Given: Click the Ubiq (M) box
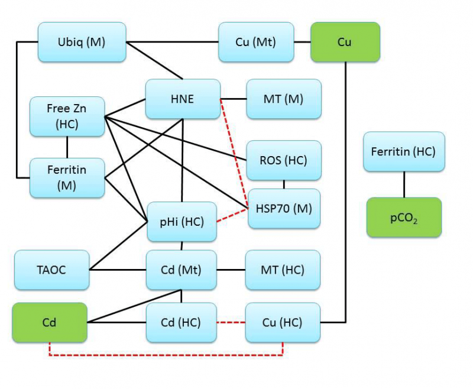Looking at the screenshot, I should pos(82,42).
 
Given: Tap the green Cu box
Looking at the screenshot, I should pos(345,42).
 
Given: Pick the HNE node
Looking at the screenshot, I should pos(183,99).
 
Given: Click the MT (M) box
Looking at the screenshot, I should pos(284,99).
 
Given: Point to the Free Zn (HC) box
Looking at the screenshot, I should pos(67,116).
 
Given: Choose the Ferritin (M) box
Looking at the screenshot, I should pos(67,177).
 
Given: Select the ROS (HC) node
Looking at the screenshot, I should pos(284,160).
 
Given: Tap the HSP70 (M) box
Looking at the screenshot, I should pos(284,208).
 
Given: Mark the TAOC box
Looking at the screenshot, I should pos(51,270).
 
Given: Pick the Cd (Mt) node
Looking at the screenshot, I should pos(182,270).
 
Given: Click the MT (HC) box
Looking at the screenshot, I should pos(283,270).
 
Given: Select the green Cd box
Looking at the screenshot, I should pos(49,322).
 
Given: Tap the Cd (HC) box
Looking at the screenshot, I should pos(182,322).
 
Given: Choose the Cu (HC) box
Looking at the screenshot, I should pos(283,322).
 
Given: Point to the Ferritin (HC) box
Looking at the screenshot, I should pos(404,152).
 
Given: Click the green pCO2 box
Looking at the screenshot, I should pos(404,217).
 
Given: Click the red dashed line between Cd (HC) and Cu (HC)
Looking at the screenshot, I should pos(231,323).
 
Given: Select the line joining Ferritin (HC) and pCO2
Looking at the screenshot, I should pos(404,184).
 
